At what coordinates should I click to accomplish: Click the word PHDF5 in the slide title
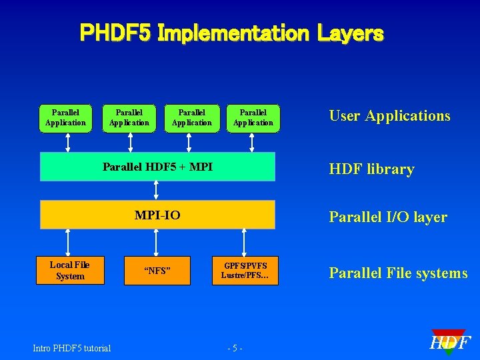click(115, 33)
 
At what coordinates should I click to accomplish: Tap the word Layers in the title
click(349, 33)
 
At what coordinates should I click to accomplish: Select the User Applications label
click(390, 115)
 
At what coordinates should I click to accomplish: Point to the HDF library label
click(371, 169)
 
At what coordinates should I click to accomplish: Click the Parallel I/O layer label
click(388, 217)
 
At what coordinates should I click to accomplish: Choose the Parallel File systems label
click(398, 273)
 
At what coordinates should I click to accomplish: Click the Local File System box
click(70, 271)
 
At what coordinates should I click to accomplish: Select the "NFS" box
click(157, 271)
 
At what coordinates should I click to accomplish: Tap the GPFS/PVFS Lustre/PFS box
click(245, 271)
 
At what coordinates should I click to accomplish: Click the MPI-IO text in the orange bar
click(157, 215)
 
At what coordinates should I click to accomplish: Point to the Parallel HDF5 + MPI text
click(157, 167)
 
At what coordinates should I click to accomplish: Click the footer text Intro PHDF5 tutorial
click(72, 347)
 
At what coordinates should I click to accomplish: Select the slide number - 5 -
click(235, 348)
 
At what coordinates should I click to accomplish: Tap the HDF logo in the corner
click(450, 343)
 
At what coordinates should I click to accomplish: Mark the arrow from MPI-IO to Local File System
click(67, 243)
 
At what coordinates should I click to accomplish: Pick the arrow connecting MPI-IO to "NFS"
click(155, 243)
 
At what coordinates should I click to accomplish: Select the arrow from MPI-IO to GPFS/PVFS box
click(244, 243)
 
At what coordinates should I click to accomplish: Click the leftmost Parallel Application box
click(65, 118)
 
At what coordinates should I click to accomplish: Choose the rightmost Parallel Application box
click(253, 118)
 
